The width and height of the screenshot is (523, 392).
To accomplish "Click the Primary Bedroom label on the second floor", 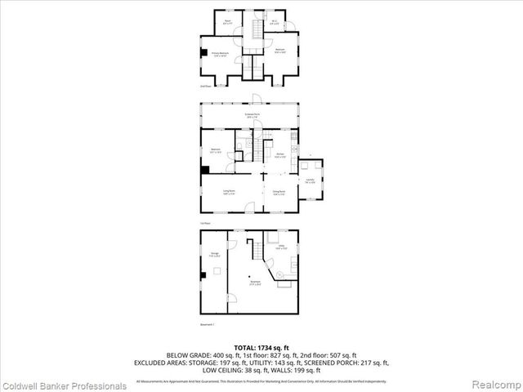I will (x=220, y=53).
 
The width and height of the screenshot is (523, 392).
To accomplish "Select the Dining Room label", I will (x=279, y=194).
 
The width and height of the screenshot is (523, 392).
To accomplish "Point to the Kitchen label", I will (x=279, y=155).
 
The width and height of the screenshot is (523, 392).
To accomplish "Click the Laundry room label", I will (x=311, y=181).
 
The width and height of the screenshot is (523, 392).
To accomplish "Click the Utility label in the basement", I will (x=280, y=247).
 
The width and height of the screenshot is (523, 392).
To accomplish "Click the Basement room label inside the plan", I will (x=256, y=284).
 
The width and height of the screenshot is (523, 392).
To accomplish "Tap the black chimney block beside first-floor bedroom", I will (x=204, y=170).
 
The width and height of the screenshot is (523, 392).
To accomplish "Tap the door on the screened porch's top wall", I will (x=255, y=100).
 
